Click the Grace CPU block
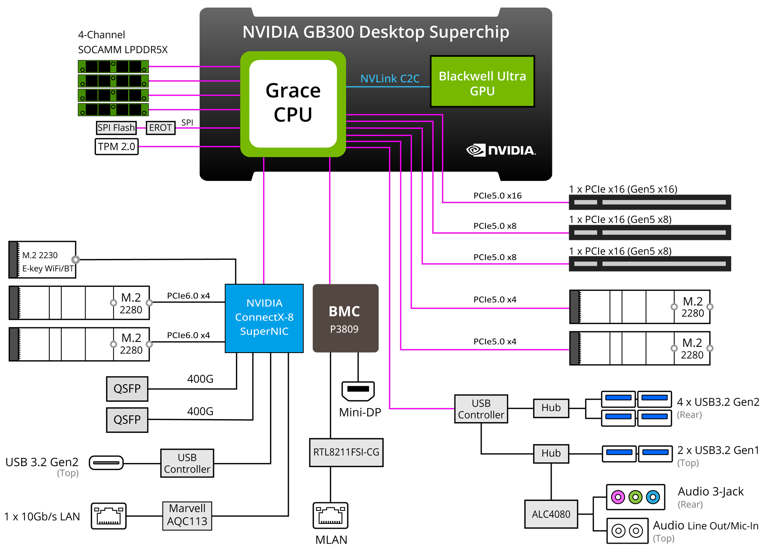click(293, 104)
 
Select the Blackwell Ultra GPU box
click(482, 81)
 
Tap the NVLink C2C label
click(390, 79)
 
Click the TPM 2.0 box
click(117, 146)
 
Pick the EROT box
click(160, 128)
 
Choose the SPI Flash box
click(116, 128)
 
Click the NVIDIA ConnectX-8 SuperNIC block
click(264, 318)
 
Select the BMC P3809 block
click(345, 318)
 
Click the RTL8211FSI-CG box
click(346, 452)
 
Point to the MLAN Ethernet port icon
click(330, 515)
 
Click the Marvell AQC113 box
click(187, 516)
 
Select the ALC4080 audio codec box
click(551, 514)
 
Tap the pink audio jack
click(618, 497)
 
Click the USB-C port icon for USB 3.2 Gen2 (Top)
click(106, 463)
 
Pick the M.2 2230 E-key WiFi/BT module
click(42, 260)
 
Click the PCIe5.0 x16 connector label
click(497, 196)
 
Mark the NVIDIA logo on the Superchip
click(501, 150)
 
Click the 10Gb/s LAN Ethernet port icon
click(108, 516)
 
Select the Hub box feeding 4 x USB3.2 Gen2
click(551, 408)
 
